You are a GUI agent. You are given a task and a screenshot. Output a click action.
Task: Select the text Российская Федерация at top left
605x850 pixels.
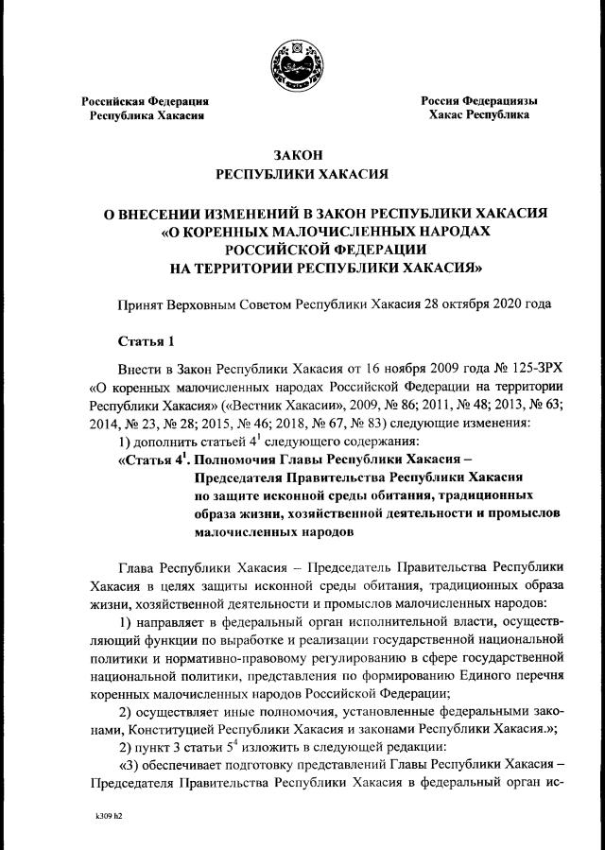145,100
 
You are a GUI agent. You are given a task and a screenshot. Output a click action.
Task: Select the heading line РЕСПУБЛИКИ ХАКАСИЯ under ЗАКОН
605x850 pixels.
302,174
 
